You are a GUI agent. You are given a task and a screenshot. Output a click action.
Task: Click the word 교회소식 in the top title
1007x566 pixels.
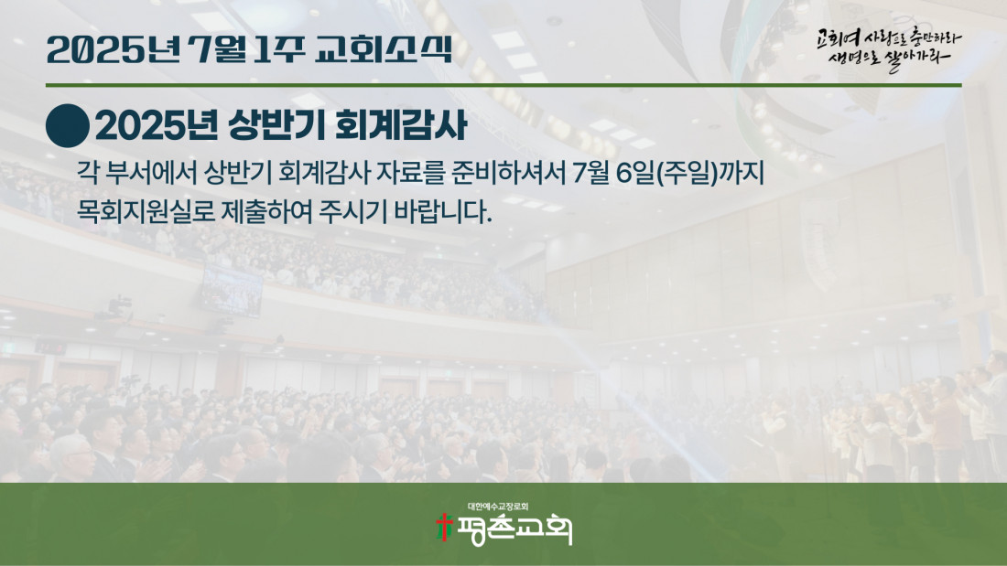[x=384, y=49]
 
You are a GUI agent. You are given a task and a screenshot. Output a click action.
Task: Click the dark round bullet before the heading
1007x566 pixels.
[x=68, y=126]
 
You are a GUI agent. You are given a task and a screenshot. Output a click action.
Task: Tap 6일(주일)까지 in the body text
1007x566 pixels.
[x=689, y=173]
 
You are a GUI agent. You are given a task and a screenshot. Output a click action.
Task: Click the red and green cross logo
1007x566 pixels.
[x=444, y=527]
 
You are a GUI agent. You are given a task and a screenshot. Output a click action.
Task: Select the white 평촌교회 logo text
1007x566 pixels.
[x=514, y=529]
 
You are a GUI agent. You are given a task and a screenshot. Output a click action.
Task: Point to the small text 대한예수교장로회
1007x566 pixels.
[x=498, y=507]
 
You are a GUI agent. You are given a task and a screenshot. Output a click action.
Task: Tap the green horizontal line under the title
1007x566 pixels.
[x=503, y=85]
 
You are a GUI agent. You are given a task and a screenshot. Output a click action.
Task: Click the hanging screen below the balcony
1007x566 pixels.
[x=232, y=291]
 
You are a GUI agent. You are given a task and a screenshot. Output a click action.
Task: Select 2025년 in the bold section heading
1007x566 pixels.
[x=157, y=125]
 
